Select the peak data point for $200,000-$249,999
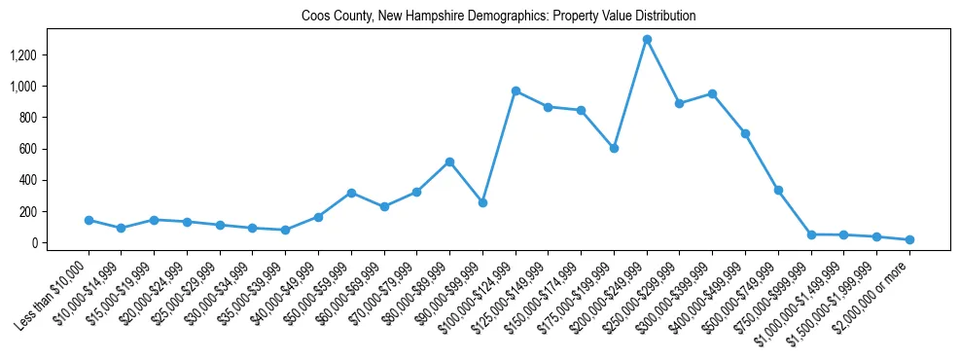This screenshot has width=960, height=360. [647, 39]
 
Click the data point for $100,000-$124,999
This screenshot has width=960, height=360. [516, 90]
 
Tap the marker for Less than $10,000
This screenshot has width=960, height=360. [89, 220]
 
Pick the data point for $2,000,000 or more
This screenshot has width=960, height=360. [909, 239]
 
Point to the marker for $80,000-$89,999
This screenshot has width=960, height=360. [449, 162]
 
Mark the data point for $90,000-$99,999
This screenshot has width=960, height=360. [482, 202]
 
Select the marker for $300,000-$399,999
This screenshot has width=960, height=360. [712, 93]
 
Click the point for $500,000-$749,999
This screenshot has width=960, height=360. [778, 190]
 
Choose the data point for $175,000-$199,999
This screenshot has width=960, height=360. [614, 148]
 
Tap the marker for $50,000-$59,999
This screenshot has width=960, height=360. [351, 193]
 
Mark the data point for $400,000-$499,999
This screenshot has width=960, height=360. [745, 133]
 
